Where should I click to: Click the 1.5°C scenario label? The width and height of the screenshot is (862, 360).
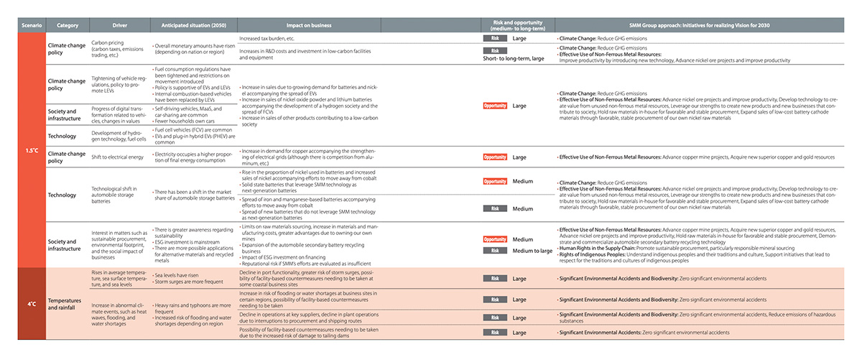tap(32, 151)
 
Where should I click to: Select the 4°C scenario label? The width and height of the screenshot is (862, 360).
tap(32, 304)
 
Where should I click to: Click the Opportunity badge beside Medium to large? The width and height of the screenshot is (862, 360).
tap(495, 239)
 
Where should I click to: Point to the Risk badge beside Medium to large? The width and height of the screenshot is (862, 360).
tap(495, 251)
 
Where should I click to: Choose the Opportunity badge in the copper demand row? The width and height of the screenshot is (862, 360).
tap(495, 157)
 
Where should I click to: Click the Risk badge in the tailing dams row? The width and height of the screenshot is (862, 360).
tap(495, 333)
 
